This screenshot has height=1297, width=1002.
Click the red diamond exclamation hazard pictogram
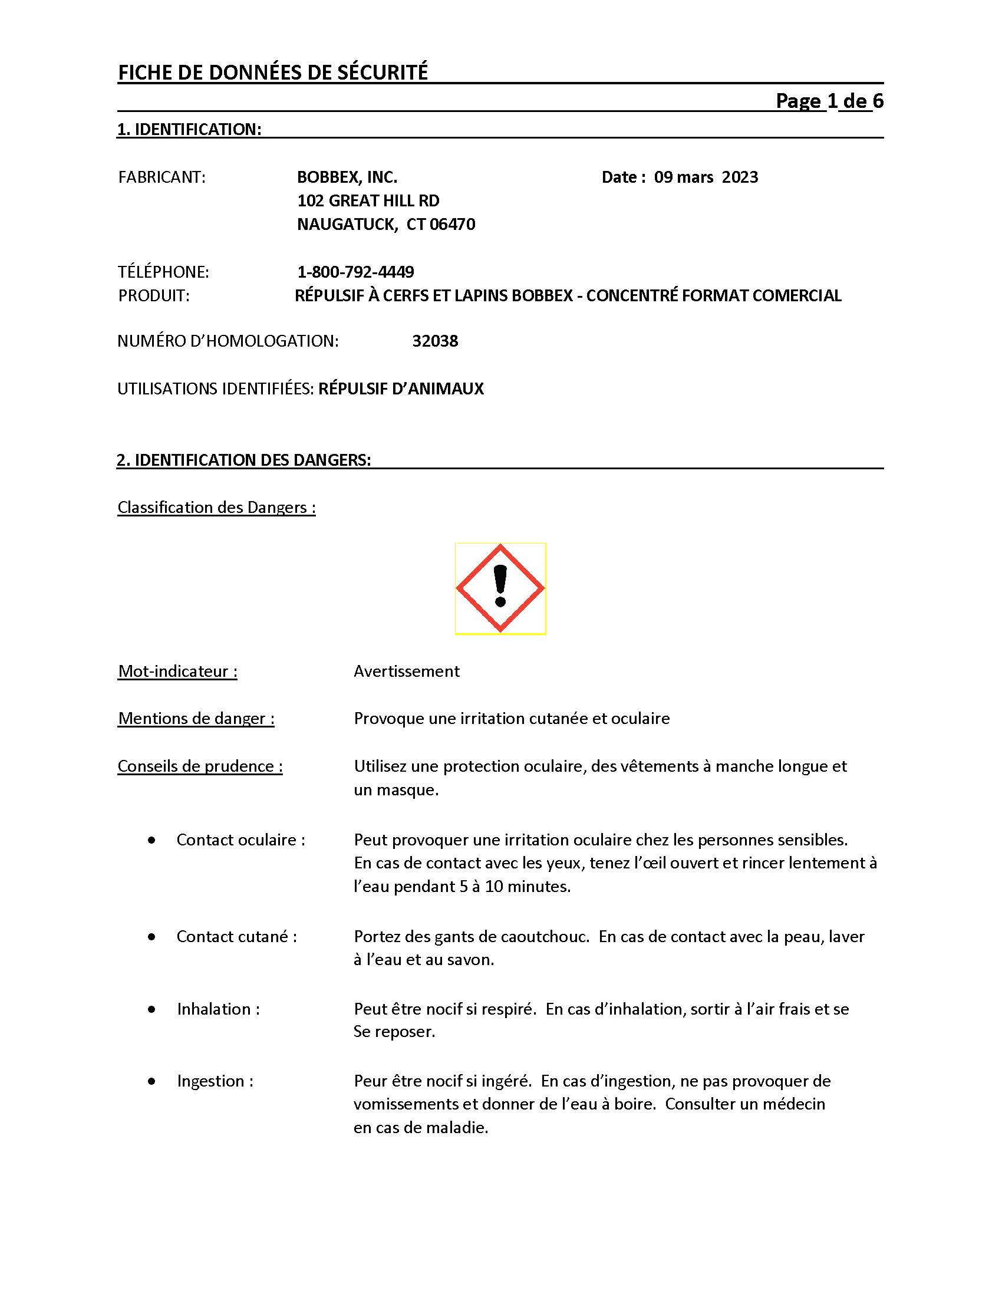click(x=500, y=588)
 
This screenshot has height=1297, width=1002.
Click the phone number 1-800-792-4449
click(x=355, y=272)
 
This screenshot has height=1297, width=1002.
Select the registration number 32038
click(x=435, y=341)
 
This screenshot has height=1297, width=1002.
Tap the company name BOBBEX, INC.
click(x=347, y=177)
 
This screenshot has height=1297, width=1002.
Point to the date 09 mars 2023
click(x=706, y=177)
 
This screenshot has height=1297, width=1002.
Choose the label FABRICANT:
click(x=162, y=177)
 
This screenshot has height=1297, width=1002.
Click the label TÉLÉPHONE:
click(x=163, y=272)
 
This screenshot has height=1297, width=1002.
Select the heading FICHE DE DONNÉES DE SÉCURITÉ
click(x=273, y=73)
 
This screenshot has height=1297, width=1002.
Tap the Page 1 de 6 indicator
click(x=829, y=101)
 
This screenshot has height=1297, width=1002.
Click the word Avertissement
click(x=407, y=671)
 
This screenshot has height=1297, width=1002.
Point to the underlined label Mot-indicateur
click(x=177, y=671)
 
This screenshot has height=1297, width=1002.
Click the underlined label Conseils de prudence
click(x=200, y=766)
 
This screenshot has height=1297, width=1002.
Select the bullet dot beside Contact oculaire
click(x=152, y=840)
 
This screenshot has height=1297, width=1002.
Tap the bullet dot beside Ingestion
click(x=152, y=1081)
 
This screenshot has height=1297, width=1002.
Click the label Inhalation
click(x=219, y=1009)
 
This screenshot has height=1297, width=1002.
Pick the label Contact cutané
click(x=237, y=937)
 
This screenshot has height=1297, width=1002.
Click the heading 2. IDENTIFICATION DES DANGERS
click(x=244, y=460)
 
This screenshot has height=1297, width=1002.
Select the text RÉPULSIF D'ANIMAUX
click(x=401, y=389)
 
